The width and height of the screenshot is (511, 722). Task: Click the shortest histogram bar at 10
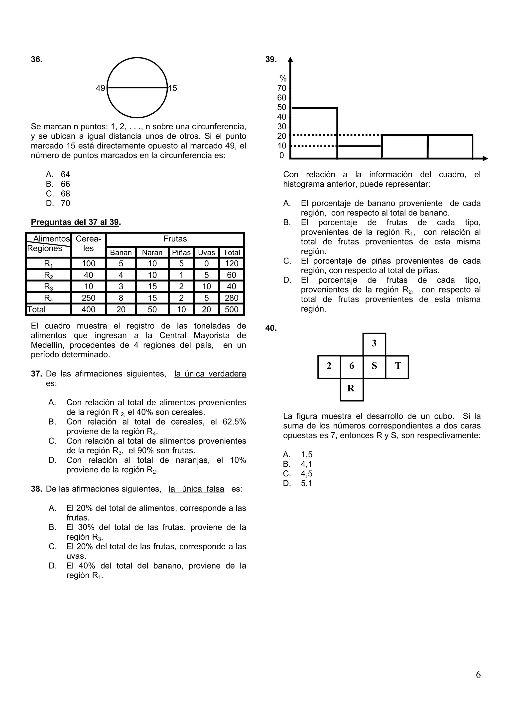359,152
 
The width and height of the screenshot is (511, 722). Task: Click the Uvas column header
206,253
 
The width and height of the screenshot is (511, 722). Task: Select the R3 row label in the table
48,287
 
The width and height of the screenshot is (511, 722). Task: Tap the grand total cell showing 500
231,309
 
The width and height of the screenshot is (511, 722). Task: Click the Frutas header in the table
175,239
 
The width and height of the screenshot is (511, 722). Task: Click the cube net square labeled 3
374,343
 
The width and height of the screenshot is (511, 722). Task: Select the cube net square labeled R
351,389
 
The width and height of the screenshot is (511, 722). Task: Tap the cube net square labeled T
397,366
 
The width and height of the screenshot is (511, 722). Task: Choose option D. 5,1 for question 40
298,483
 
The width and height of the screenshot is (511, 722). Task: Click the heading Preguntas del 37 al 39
76,222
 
